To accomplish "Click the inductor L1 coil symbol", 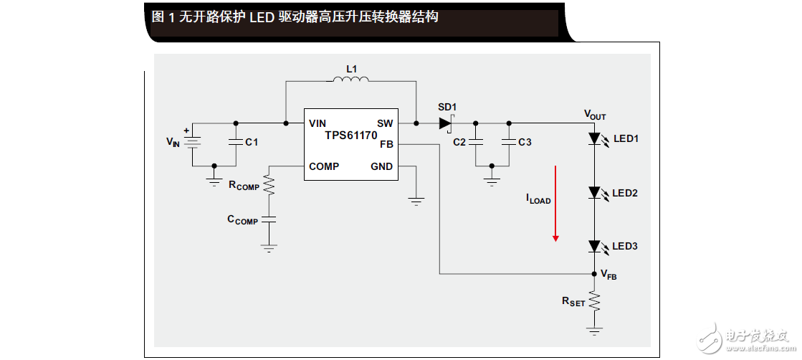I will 351,80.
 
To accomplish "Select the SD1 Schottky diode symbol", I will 446,123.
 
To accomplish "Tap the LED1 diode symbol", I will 594,138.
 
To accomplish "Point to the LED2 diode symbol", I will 594,192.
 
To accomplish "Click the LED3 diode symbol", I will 594,246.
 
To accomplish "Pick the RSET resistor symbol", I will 594,302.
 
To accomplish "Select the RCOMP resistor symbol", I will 269,186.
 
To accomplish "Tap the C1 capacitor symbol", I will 235,143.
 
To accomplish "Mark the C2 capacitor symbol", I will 477,143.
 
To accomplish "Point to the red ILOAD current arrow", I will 555,204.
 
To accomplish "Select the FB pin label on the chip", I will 386,144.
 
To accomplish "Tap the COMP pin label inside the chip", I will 324,166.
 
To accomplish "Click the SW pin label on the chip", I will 385,123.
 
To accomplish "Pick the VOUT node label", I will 595,114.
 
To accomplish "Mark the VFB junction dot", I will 594,274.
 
